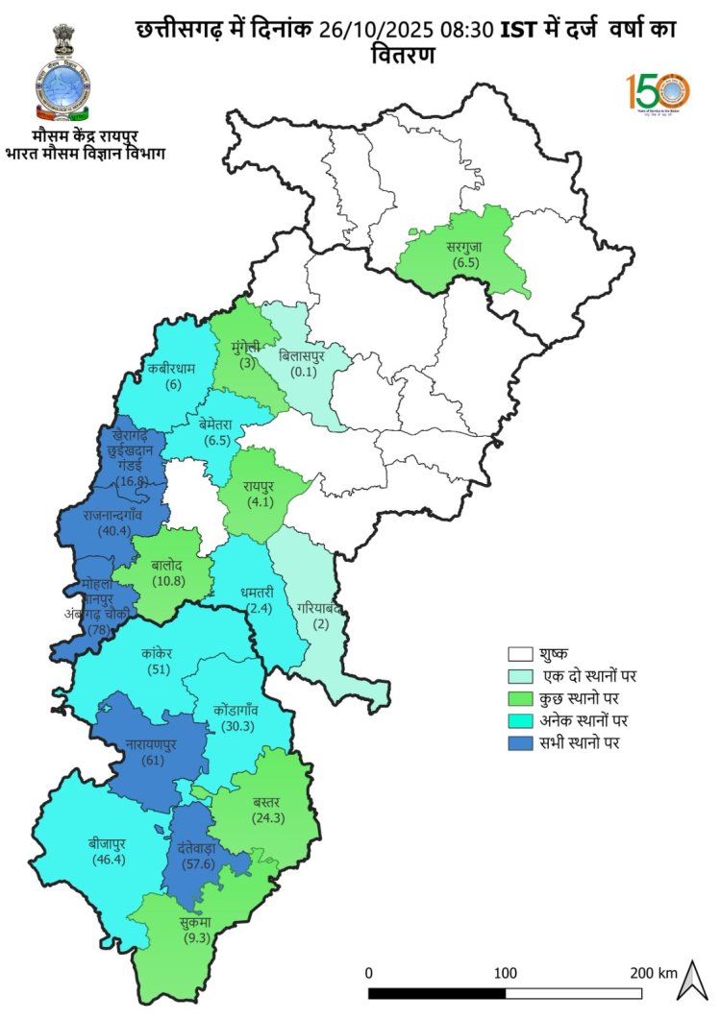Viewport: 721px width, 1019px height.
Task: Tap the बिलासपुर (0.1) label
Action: pyautogui.click(x=301, y=364)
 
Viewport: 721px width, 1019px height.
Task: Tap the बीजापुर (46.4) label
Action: pyautogui.click(x=108, y=851)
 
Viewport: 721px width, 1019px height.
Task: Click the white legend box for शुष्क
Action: pyautogui.click(x=521, y=655)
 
